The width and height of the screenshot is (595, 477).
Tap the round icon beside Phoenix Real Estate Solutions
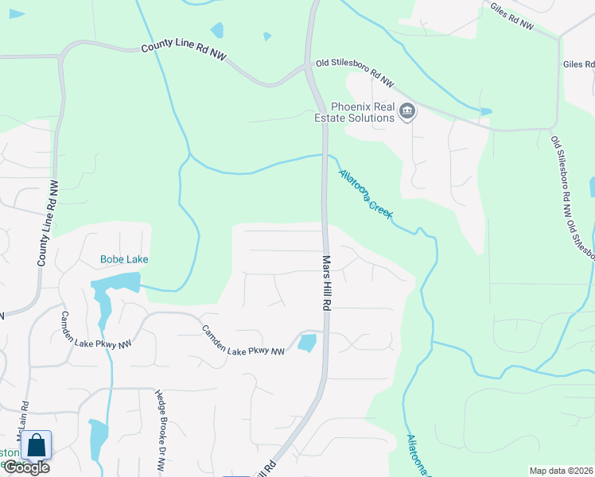click(407, 111)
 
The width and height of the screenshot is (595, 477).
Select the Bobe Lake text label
click(124, 259)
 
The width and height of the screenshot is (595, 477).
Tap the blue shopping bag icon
click(37, 445)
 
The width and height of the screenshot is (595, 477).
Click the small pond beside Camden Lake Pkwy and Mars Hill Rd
click(306, 343)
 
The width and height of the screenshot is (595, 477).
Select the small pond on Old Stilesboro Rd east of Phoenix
click(485, 112)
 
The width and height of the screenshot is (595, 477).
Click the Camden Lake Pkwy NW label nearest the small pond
click(243, 341)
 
